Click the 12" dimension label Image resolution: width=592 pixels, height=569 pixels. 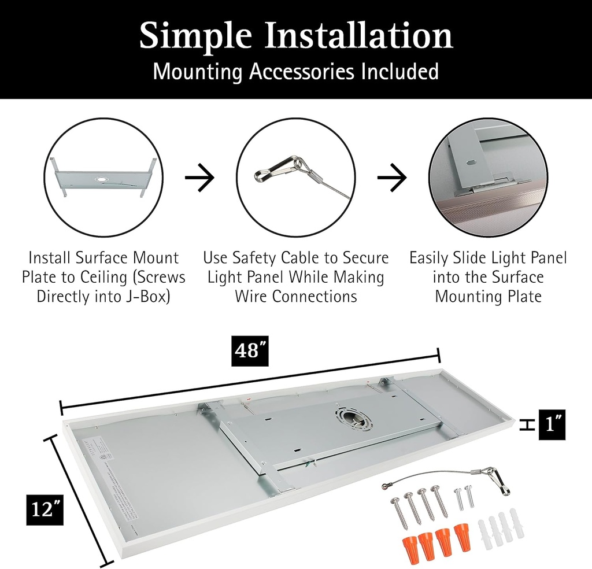click(44, 511)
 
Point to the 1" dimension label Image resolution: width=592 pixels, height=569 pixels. click(552, 425)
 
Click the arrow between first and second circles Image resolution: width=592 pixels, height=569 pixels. click(199, 178)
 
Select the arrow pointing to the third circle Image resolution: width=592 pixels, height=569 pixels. click(392, 178)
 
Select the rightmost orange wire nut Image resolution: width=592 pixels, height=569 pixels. click(462, 537)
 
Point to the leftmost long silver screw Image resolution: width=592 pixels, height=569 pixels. click(399, 511)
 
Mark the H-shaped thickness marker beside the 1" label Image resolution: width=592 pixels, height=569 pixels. click(526, 425)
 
